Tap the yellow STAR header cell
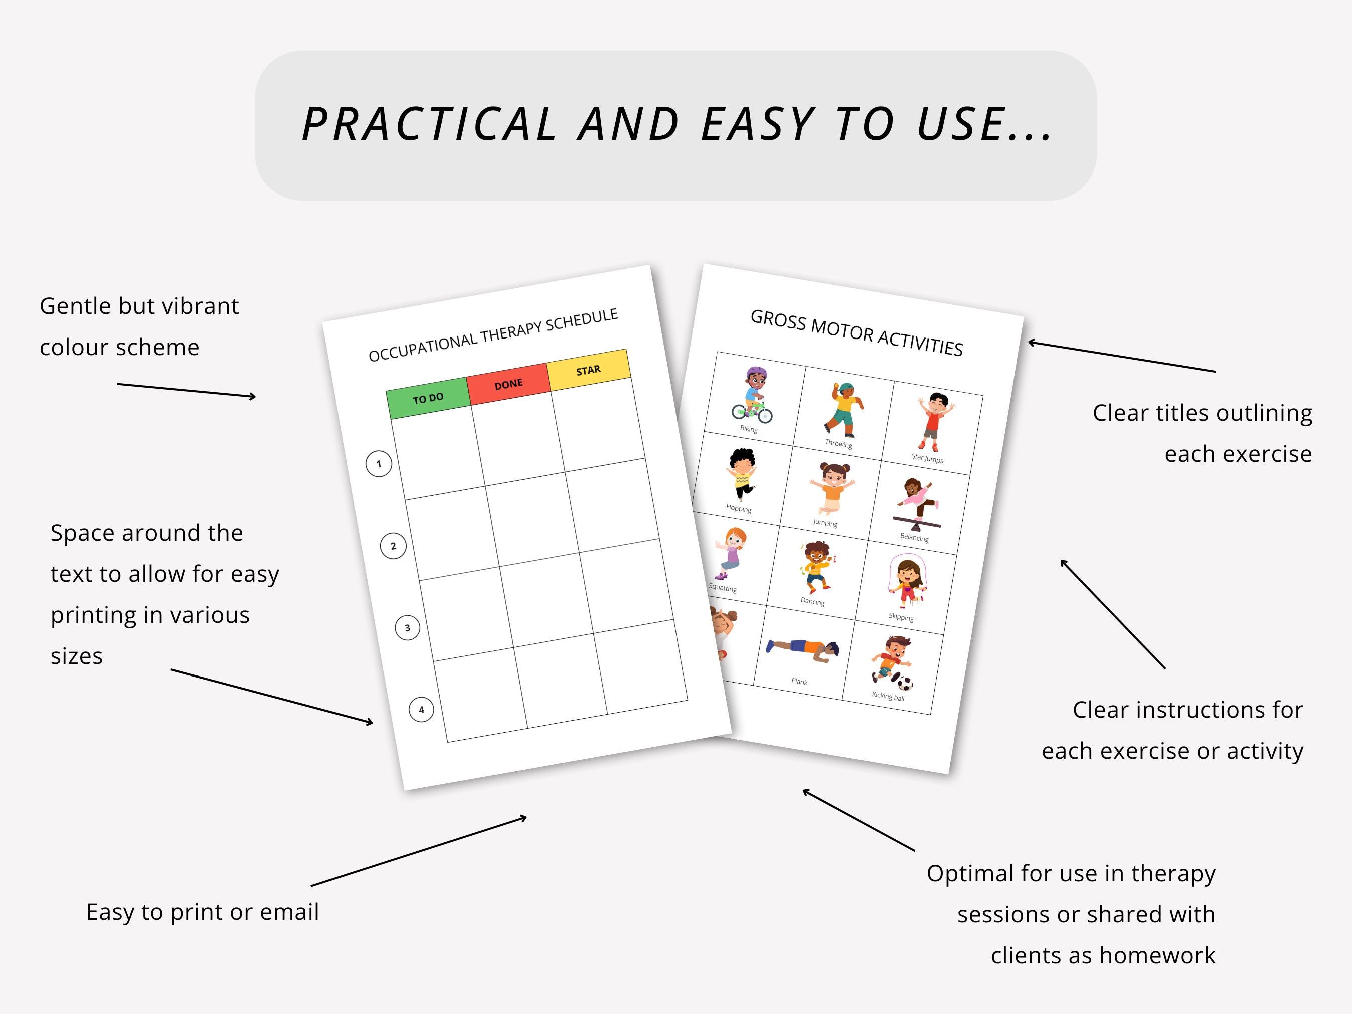[588, 371]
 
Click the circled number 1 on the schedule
[379, 464]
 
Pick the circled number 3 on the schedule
[408, 628]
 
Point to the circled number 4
[421, 710]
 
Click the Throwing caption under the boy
[839, 444]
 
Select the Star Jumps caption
[927, 458]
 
